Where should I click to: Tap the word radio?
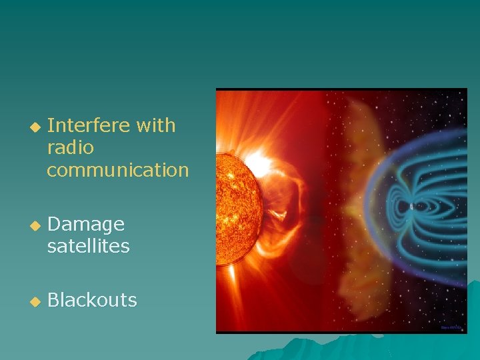[70, 147]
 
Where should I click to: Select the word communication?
[118, 170]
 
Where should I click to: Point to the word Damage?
[86, 225]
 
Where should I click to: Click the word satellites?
[88, 247]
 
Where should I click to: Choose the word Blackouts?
[92, 301]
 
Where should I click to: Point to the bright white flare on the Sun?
[257, 163]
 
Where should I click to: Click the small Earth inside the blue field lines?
[411, 207]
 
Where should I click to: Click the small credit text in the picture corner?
[451, 327]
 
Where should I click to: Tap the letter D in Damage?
[54, 225]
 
